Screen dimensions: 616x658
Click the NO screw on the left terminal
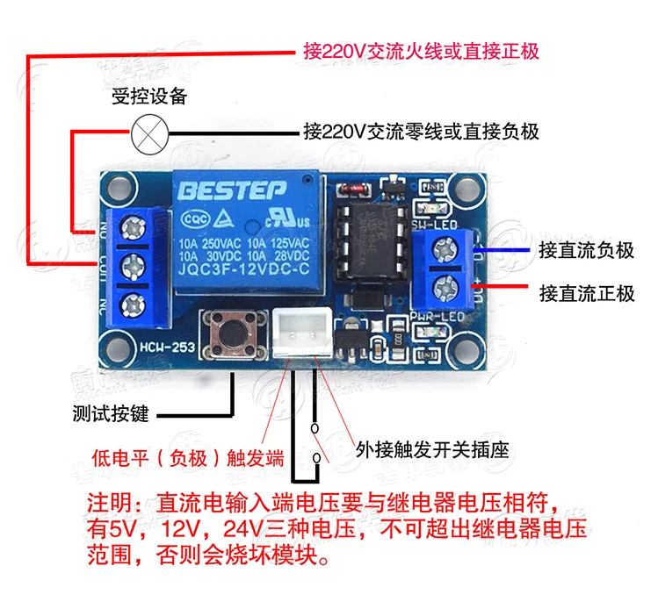(134, 227)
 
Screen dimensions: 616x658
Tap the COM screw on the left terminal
(134, 265)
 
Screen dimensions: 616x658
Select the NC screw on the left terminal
(134, 304)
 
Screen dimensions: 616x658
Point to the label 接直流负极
(586, 250)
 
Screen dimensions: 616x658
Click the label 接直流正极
(586, 292)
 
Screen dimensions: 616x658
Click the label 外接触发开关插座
(431, 449)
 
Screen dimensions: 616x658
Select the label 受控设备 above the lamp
(148, 97)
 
